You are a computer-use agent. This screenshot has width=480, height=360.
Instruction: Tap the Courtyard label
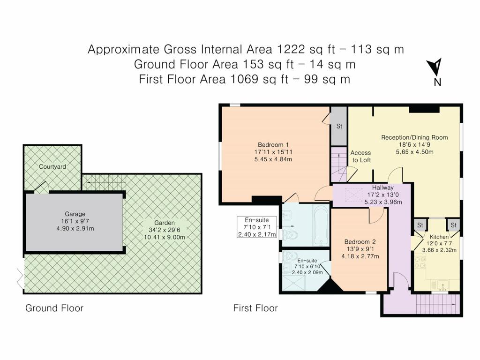(x=52, y=166)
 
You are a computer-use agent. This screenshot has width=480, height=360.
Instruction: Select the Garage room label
(x=75, y=214)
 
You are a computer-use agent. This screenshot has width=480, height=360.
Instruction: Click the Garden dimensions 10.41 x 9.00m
(x=165, y=237)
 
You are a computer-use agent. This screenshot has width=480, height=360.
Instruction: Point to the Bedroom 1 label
(x=273, y=145)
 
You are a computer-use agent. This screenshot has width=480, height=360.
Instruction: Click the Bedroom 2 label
(x=360, y=242)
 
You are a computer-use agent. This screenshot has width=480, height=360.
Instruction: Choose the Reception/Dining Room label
(x=414, y=137)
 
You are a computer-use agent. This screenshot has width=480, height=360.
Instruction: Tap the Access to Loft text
(x=361, y=156)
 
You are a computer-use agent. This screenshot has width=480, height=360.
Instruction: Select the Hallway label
(x=382, y=187)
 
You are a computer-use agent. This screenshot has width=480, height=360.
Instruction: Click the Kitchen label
(x=439, y=237)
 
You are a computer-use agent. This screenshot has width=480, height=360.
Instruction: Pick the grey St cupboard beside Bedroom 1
(x=338, y=126)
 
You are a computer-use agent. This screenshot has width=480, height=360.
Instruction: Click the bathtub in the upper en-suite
(x=321, y=225)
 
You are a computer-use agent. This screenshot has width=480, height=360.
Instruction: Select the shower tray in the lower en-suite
(x=294, y=283)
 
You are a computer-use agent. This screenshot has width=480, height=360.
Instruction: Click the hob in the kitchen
(x=420, y=262)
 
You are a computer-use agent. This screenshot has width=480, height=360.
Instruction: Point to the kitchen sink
(x=443, y=285)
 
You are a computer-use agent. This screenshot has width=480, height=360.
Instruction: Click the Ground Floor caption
(x=54, y=308)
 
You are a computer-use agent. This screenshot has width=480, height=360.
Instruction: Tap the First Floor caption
(x=255, y=308)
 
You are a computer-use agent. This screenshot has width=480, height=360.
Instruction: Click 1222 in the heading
(x=291, y=49)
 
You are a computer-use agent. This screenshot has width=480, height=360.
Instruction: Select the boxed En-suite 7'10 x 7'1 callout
(x=257, y=227)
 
